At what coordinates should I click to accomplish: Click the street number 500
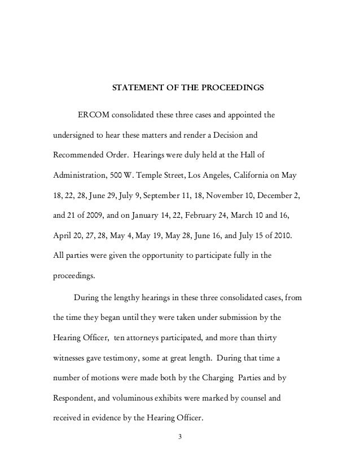pyautogui.click(x=119, y=175)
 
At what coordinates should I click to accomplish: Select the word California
pyautogui.click(x=254, y=175)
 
